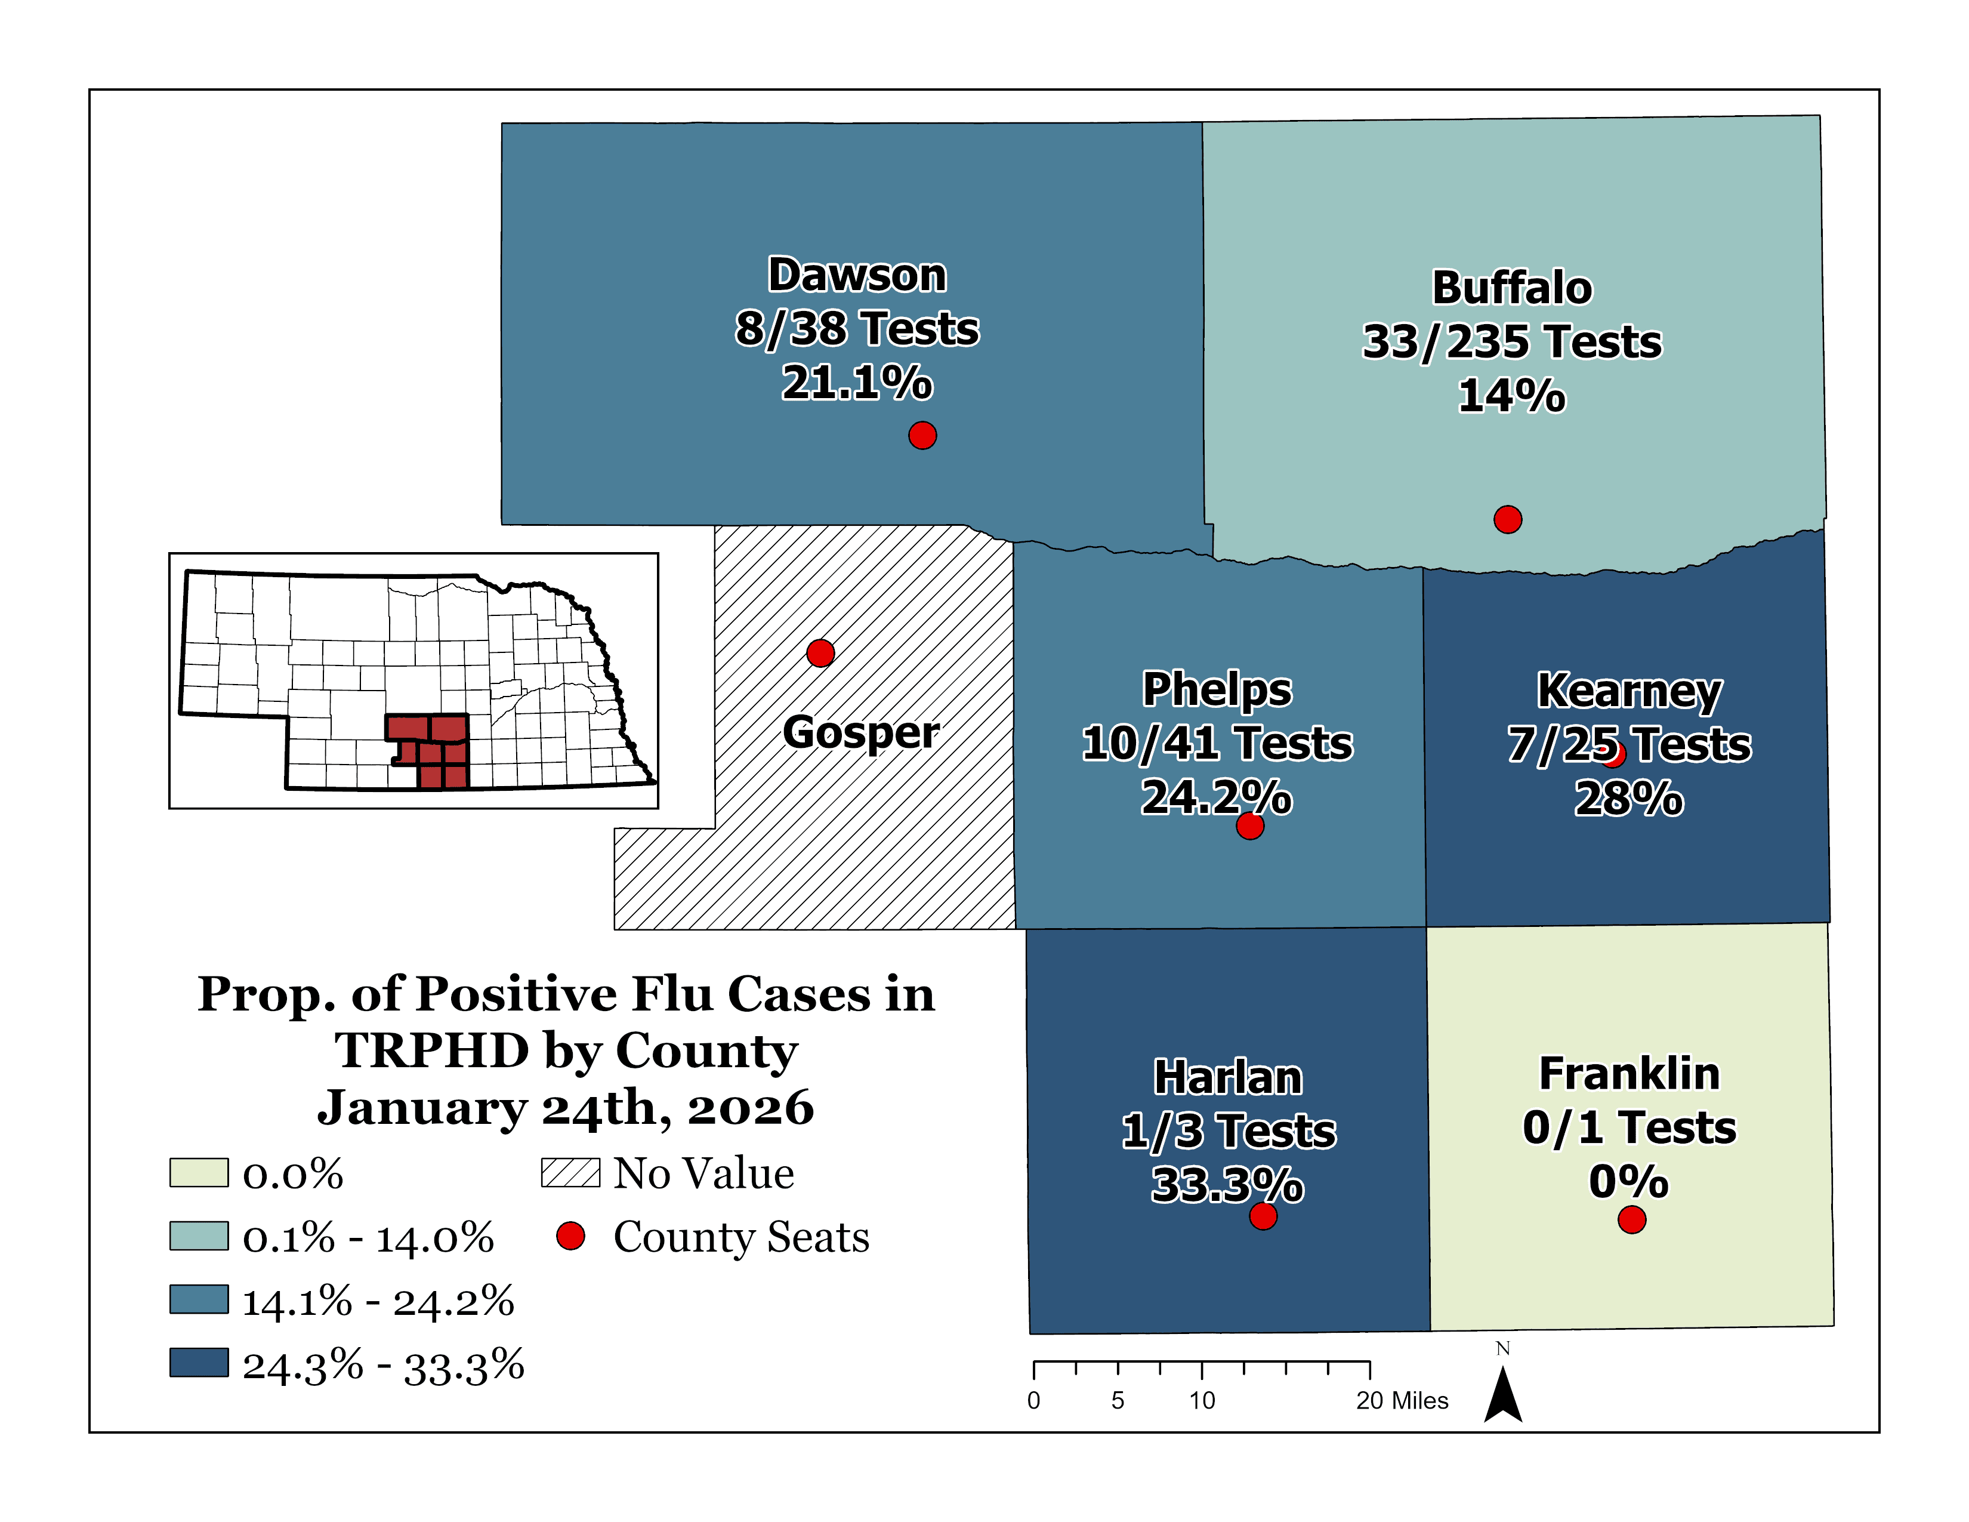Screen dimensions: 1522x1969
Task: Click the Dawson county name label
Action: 856,275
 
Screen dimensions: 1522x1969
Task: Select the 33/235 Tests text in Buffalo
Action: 1512,342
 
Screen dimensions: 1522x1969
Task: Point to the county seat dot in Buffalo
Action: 1507,519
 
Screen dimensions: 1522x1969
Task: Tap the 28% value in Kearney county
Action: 1628,799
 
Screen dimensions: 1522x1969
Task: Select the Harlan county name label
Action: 1228,1077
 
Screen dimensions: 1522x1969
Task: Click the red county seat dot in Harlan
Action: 1263,1216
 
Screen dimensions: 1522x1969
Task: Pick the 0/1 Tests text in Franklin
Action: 1629,1127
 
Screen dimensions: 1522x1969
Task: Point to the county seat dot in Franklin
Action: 1632,1220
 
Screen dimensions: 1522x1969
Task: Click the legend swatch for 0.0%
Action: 198,1173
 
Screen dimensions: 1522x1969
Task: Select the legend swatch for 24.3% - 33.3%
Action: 198,1363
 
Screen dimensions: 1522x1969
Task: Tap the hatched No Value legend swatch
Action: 570,1173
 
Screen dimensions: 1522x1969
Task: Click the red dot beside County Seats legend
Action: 570,1236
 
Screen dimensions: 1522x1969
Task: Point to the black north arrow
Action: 1503,1396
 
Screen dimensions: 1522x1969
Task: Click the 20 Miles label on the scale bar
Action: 1402,1400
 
